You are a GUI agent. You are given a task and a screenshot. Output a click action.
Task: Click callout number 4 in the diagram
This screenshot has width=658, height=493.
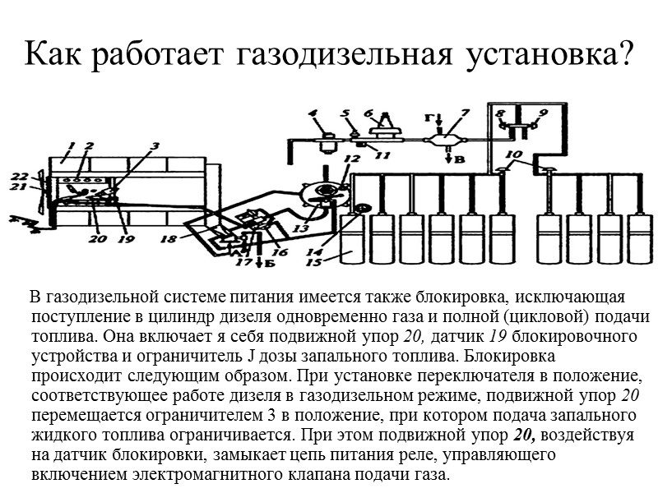[x=312, y=113]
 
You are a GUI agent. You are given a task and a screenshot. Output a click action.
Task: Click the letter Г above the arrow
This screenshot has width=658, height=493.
[x=429, y=118]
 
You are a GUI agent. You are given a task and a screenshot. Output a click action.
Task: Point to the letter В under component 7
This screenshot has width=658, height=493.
[x=460, y=159]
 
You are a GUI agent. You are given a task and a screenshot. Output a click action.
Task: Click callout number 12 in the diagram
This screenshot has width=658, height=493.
[x=352, y=159]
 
